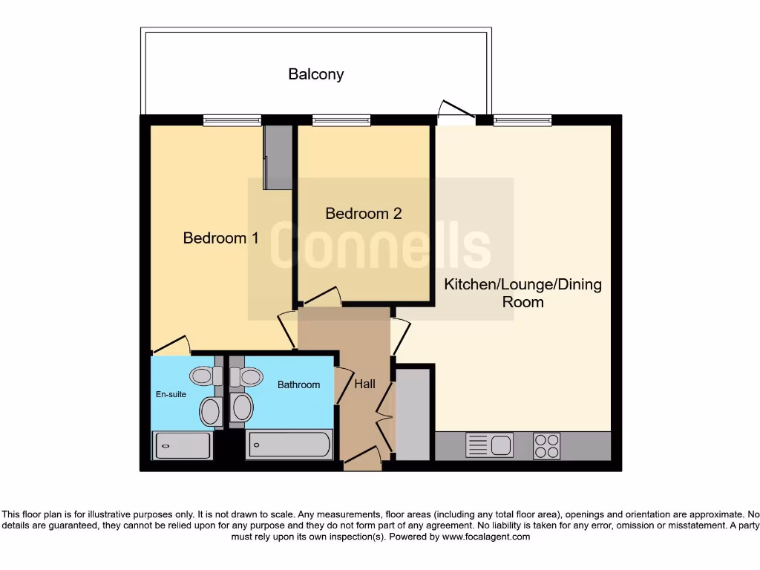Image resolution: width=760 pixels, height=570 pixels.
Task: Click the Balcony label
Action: [316, 74]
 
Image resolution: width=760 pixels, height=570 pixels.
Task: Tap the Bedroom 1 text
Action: [220, 238]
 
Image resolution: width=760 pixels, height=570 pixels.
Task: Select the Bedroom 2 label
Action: [364, 214]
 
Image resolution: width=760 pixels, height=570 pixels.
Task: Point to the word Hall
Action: [364, 384]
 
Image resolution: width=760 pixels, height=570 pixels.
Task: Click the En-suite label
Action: [171, 394]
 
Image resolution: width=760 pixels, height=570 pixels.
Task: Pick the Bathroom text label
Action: [298, 384]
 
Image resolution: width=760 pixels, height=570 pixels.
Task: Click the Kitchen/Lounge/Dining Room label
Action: [522, 293]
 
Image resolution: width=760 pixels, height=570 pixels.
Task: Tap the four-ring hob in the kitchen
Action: [547, 445]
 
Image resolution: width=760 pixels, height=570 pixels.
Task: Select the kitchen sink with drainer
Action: [489, 445]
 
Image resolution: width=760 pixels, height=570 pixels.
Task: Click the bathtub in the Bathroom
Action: [289, 445]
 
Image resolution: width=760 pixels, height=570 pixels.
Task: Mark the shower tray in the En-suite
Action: [182, 445]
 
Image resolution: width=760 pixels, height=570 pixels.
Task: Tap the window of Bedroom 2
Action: [341, 119]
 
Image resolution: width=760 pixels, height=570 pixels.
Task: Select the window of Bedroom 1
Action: [232, 119]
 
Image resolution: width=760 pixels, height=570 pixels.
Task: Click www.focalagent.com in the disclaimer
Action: [485, 537]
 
